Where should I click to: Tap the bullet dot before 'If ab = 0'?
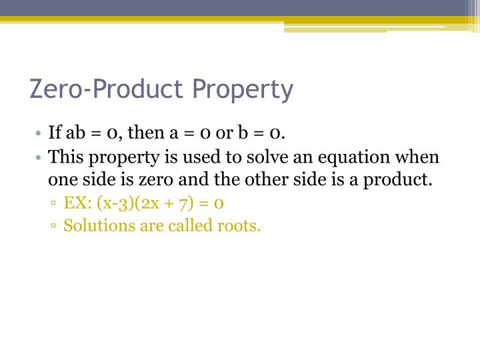pyautogui.click(x=40, y=133)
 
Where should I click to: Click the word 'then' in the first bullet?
pyautogui.click(x=145, y=133)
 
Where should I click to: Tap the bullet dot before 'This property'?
pyautogui.click(x=40, y=158)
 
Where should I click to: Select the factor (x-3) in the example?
pyautogui.click(x=114, y=203)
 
